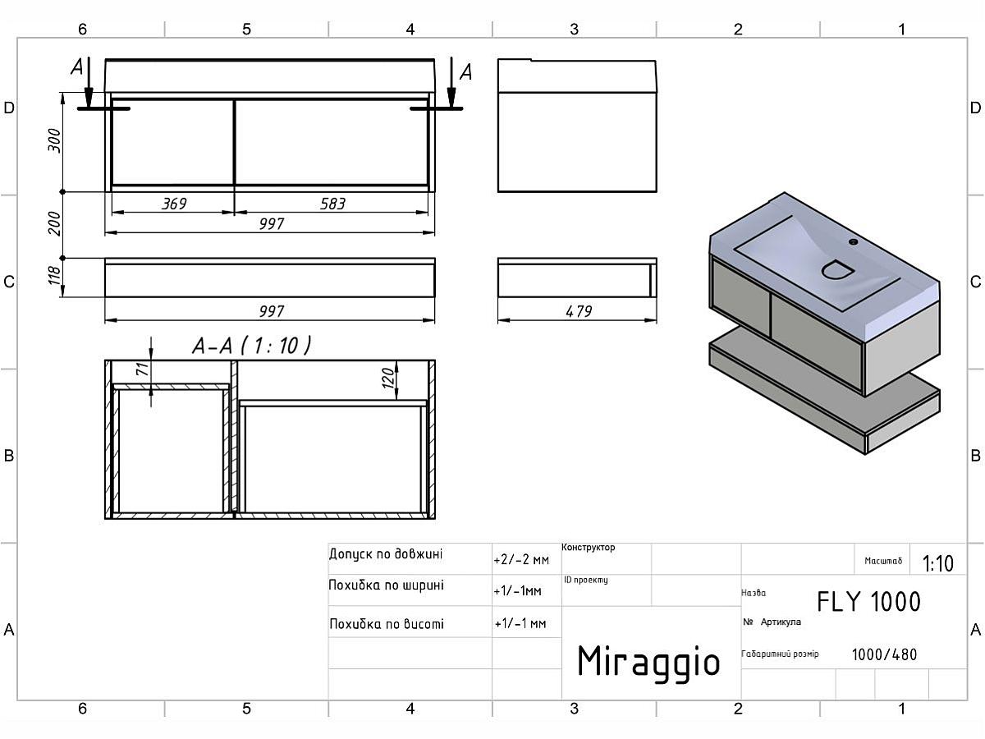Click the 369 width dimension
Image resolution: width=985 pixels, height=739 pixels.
[x=174, y=203]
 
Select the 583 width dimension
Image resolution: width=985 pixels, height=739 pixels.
[x=332, y=203]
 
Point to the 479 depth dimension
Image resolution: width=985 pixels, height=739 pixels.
[x=578, y=310]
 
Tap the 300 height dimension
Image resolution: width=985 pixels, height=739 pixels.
[x=55, y=141]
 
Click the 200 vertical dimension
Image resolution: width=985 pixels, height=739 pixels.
[x=55, y=223]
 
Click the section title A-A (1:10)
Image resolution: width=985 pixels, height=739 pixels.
[x=251, y=347]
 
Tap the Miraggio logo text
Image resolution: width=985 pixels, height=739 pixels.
[x=648, y=661]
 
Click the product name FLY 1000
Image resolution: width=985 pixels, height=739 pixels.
[x=868, y=602]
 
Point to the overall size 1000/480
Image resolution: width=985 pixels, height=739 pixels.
[x=884, y=654]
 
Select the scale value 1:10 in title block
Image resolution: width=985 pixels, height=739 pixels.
[x=937, y=563]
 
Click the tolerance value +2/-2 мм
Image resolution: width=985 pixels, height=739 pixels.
[x=520, y=560]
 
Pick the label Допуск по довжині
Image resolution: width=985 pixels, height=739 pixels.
[x=385, y=554]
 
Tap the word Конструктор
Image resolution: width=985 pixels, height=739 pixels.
[x=589, y=548]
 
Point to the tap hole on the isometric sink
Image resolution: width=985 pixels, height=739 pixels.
[x=853, y=242]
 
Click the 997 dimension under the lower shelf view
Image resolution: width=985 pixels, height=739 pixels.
[x=271, y=311]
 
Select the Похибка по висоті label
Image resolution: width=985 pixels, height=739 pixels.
[x=386, y=624]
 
